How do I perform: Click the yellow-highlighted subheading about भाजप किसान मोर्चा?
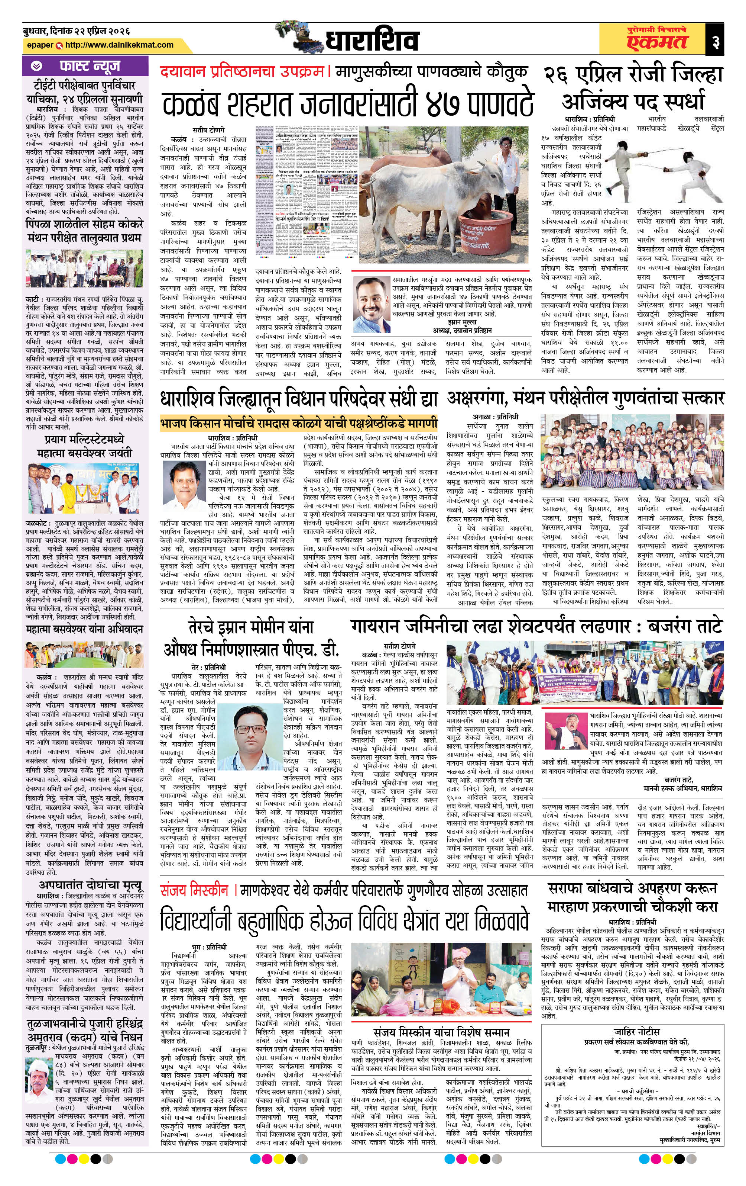[x=298, y=424]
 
